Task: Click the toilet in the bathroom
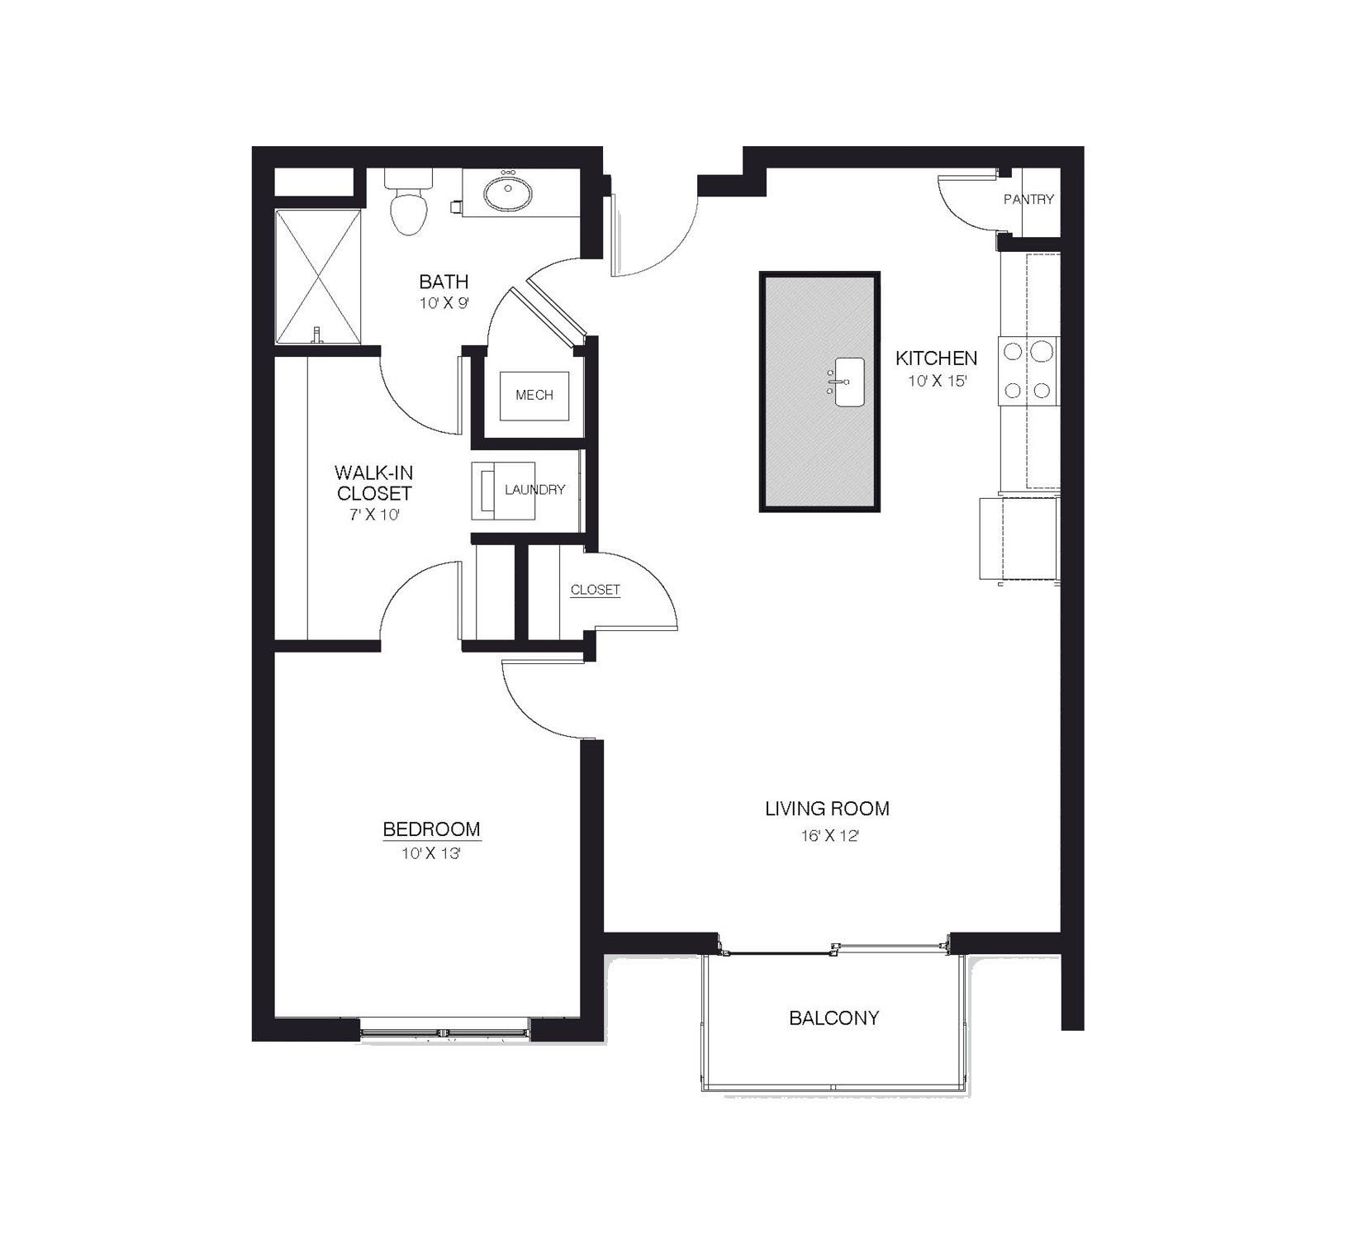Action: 409,204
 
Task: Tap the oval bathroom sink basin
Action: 506,195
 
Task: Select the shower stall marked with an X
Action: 318,277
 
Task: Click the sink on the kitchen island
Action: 848,382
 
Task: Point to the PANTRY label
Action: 1028,199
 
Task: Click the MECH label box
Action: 534,395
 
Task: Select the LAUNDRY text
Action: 534,490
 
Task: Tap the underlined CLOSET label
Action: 595,590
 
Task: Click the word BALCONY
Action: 833,1018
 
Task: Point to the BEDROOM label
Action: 431,828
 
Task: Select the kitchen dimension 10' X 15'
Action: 937,382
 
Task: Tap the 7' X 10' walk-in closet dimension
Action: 373,515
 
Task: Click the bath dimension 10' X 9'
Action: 444,303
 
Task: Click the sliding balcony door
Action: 834,951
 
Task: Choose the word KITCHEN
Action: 936,358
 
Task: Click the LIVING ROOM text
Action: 827,809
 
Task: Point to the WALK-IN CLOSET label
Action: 373,483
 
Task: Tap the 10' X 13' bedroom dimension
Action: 430,854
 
